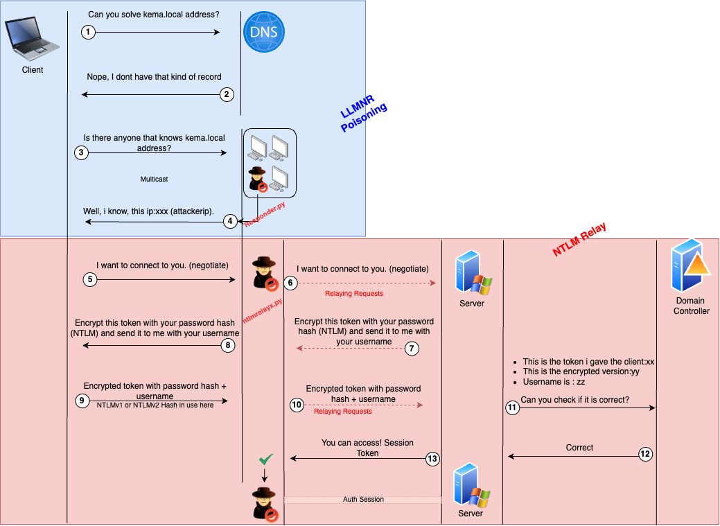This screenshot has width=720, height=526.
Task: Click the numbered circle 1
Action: [x=87, y=32]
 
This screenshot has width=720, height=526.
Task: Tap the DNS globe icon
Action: [x=264, y=33]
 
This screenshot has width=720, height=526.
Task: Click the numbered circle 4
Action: [x=231, y=222]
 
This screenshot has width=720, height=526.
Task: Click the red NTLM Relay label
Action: [x=579, y=240]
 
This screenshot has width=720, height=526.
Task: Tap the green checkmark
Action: [x=264, y=459]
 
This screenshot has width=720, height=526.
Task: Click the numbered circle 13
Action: [x=432, y=458]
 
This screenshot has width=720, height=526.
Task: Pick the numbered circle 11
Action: [x=512, y=408]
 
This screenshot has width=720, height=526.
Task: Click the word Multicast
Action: [x=154, y=179]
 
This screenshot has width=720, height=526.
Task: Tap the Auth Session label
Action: [x=363, y=499]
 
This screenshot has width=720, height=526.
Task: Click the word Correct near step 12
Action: [x=579, y=448]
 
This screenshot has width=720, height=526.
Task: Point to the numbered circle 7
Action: [x=412, y=349]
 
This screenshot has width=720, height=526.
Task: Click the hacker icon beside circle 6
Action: [x=265, y=273]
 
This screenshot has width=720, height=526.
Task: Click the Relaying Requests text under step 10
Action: [x=343, y=412]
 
